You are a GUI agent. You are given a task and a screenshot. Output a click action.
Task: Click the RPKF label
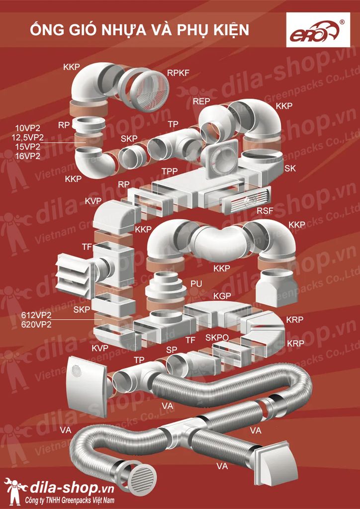pyautogui.click(x=178, y=73)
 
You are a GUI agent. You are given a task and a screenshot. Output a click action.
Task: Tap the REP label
pyautogui.click(x=201, y=101)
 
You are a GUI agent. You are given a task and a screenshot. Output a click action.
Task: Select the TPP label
pyautogui.click(x=169, y=171)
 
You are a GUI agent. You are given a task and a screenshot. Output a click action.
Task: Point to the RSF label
pyautogui.click(x=265, y=211)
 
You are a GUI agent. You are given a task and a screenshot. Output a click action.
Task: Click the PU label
pyautogui.click(x=196, y=283)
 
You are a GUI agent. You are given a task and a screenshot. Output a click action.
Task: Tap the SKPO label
pyautogui.click(x=217, y=338)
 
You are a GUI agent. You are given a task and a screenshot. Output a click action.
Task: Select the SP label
pyautogui.click(x=172, y=350)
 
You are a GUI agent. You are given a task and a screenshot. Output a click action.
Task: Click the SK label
pyautogui.click(x=290, y=169)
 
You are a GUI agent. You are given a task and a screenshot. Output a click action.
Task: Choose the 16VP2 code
pyautogui.click(x=28, y=156)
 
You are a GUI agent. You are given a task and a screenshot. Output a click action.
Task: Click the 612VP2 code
pyautogui.click(x=36, y=315)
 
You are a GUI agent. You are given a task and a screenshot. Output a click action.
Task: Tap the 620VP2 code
pyautogui.click(x=36, y=325)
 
